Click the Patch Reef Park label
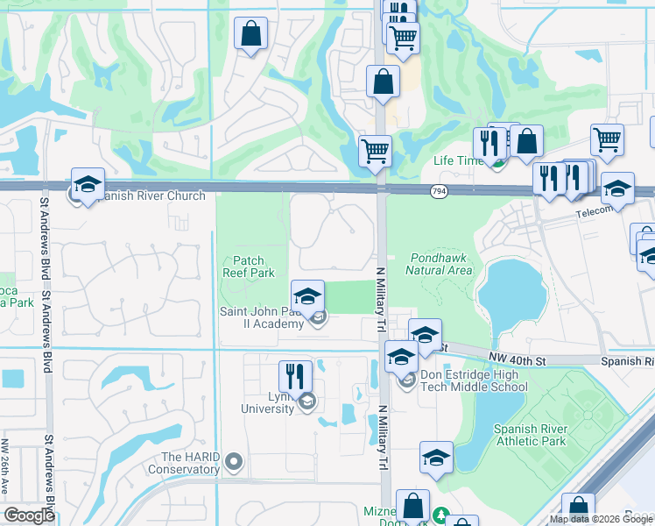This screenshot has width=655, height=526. [x=255, y=267]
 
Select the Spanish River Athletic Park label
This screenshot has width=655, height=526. [x=530, y=435]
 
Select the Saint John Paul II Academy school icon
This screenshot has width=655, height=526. [x=307, y=296]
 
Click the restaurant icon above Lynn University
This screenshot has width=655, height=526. [x=295, y=376]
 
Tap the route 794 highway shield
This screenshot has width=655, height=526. [x=439, y=190]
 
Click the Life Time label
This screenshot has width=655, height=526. [x=458, y=161]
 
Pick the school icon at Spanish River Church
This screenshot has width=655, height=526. [x=88, y=184]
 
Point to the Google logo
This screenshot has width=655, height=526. [x=29, y=515]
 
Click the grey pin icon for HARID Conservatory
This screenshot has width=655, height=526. [x=233, y=460]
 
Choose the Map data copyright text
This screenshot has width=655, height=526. [x=601, y=519]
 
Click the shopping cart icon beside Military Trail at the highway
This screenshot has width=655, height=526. [x=376, y=149]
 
